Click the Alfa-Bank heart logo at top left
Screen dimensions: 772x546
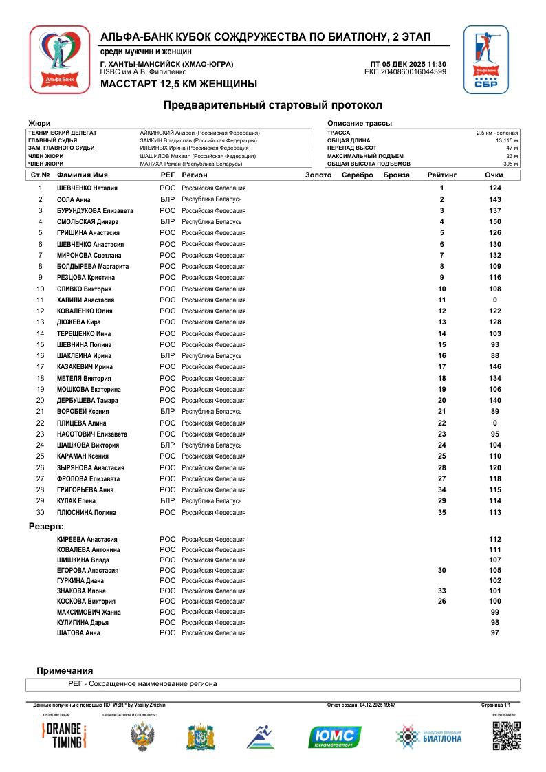59,60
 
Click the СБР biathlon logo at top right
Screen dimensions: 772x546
485,60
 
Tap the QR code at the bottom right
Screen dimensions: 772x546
506,736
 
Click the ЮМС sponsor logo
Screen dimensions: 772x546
335,736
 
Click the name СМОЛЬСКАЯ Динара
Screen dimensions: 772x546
87,222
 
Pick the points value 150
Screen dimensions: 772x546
494,222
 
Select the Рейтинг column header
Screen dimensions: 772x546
441,175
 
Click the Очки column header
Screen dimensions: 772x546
494,175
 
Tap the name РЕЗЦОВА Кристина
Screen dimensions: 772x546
86,278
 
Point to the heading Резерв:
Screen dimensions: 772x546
46,527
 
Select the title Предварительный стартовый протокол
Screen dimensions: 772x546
272,105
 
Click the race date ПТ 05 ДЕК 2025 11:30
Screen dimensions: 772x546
408,64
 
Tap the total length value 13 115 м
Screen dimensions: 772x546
505,140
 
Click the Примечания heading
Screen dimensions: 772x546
65,670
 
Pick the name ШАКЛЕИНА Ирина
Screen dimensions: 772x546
84,356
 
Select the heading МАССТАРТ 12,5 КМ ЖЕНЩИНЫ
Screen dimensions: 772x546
179,84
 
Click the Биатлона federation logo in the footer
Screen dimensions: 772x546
429,736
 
